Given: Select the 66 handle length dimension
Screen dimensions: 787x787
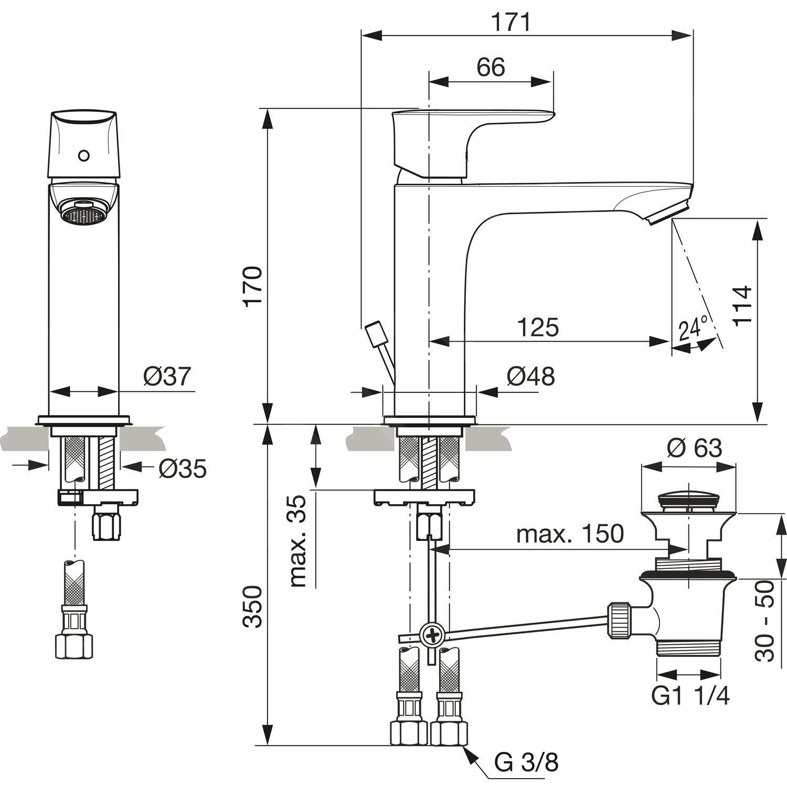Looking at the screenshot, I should click(x=491, y=67).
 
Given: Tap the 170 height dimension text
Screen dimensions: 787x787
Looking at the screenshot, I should click(x=254, y=286).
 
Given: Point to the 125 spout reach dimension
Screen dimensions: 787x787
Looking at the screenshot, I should click(x=538, y=328).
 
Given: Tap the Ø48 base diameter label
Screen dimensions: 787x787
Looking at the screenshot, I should click(x=530, y=376).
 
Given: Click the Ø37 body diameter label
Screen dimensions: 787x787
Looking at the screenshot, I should click(x=167, y=376).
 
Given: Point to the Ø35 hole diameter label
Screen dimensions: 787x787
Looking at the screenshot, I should click(x=183, y=469).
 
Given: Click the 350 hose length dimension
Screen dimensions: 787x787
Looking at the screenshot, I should click(x=254, y=607).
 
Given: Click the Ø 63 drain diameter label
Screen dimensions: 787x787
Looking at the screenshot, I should click(x=694, y=448).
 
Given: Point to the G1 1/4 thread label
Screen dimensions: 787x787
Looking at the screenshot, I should click(x=690, y=696).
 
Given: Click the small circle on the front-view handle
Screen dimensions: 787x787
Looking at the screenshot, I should click(x=83, y=156).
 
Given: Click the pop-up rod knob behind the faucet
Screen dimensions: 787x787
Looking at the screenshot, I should click(x=376, y=334).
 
